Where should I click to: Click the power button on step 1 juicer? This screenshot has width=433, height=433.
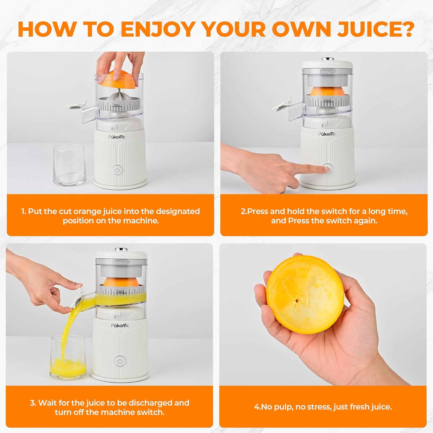(x=117, y=170)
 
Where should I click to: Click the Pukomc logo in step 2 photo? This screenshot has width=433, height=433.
(x=327, y=134)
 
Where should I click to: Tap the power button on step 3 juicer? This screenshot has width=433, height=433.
(x=120, y=361)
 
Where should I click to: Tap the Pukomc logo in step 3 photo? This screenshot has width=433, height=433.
(x=120, y=325)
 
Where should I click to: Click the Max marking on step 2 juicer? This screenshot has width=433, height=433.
(x=328, y=100)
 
